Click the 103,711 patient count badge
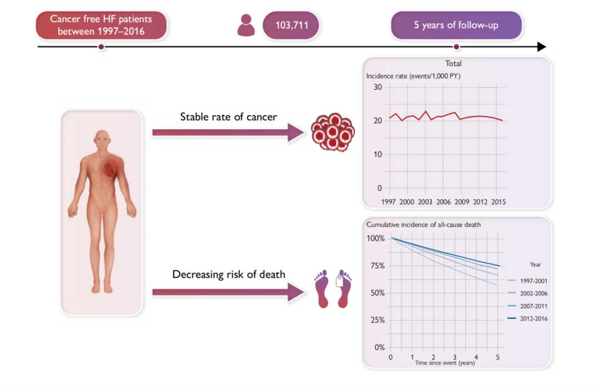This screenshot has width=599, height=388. pos(292,25)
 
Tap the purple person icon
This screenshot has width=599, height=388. pos(246,25)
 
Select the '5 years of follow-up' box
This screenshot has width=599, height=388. pos(456,25)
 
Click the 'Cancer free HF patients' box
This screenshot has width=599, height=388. pos(101,25)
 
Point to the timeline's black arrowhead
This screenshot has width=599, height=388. pos(541,47)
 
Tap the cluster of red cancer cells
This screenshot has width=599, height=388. pos(332,131)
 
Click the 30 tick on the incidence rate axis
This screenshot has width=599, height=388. pos(378,87)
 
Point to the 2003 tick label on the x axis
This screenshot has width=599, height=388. pos(425,202)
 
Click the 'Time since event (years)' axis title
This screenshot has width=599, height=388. pos(445,363)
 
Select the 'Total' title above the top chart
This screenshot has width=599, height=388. pos(454,64)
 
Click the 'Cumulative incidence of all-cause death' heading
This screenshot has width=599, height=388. pos(423,224)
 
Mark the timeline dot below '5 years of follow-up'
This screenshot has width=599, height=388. pos(456,47)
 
